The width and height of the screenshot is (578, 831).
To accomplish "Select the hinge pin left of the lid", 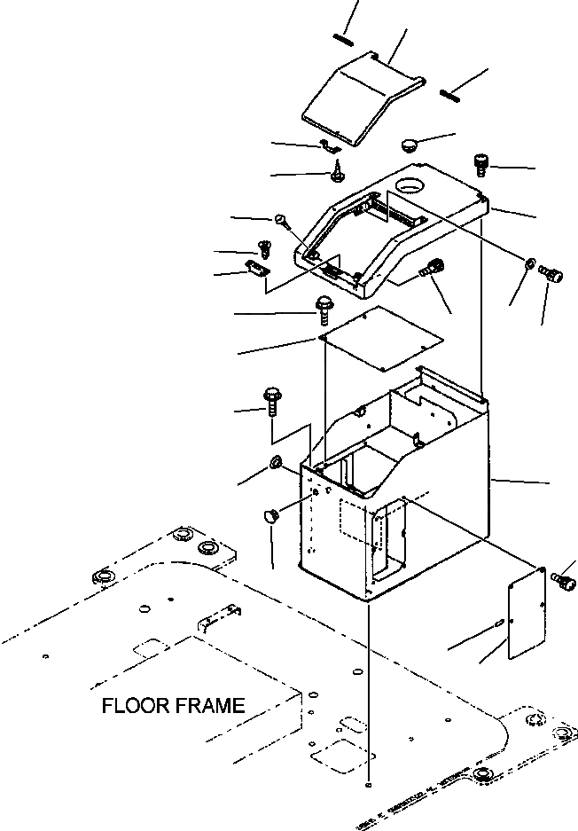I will [x=344, y=38].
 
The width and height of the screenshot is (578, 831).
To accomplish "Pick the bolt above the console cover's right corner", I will [x=483, y=163].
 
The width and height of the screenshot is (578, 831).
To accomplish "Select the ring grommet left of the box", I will [x=275, y=462].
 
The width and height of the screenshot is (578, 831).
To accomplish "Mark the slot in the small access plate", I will [x=502, y=624].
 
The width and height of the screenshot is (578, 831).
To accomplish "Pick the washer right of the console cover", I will [x=529, y=263].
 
